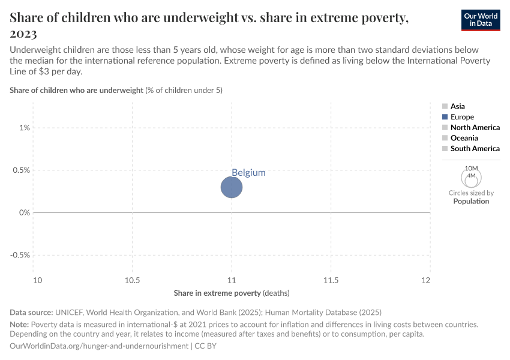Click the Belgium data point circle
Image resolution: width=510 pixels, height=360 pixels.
[x=232, y=187]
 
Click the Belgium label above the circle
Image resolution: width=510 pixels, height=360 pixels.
[x=248, y=172]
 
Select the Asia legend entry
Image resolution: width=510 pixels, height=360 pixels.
[x=457, y=106]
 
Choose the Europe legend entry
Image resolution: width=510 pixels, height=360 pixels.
[x=462, y=117]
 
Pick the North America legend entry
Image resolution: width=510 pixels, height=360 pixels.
[x=475, y=127]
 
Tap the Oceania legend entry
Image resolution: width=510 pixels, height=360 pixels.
[x=464, y=138]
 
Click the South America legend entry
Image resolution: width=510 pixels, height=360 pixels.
[x=475, y=148]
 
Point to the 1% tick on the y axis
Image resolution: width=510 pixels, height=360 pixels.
[x=24, y=128]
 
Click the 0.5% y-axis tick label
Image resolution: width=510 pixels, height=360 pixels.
[x=20, y=170]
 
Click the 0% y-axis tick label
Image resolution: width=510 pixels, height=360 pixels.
[x=24, y=212]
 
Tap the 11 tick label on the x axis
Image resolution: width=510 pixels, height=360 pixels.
[x=232, y=280]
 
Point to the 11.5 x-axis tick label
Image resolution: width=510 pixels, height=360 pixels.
[x=331, y=280]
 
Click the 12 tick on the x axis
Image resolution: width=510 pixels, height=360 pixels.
[x=426, y=280]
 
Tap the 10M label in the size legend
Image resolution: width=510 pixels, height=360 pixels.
[x=471, y=168]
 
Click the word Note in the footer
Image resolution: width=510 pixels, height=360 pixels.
[x=19, y=324]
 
